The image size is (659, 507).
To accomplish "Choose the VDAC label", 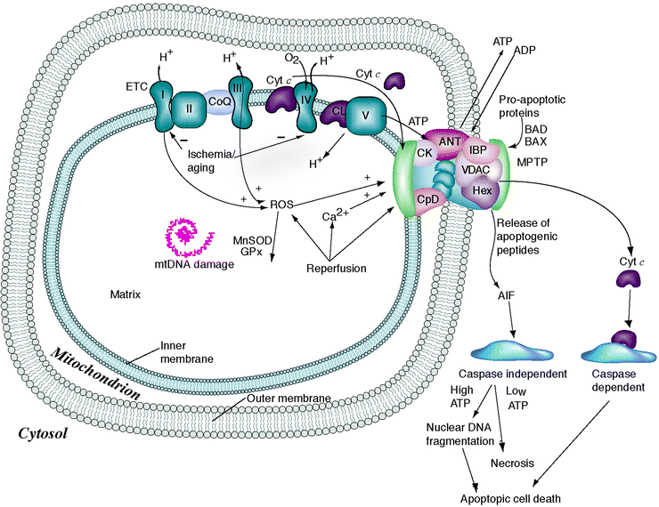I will tap(477, 169).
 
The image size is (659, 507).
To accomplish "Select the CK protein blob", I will tap(425, 153).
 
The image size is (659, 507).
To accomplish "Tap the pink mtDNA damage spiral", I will tap(187, 235).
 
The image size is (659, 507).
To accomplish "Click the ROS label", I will tap(281, 205).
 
